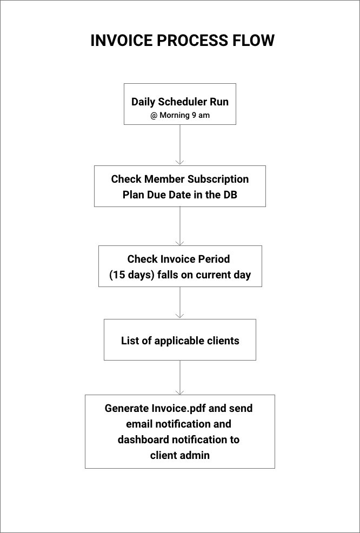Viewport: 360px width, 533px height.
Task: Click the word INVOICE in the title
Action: tap(122, 41)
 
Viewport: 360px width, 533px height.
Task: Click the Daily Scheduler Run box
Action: tap(180, 104)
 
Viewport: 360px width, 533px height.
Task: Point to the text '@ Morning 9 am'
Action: tap(180, 115)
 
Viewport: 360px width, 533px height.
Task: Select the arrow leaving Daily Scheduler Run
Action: tap(180, 145)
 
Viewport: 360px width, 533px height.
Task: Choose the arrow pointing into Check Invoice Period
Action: tap(180, 226)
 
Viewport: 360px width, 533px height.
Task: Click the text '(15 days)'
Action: tap(132, 275)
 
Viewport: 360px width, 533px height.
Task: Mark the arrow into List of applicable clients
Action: tap(180, 303)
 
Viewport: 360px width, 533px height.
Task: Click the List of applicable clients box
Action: tap(180, 339)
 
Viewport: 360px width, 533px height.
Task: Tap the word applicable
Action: tap(175, 341)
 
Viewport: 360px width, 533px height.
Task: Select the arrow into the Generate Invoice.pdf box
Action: tap(180, 378)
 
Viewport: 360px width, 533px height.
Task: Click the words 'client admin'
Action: tap(180, 455)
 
